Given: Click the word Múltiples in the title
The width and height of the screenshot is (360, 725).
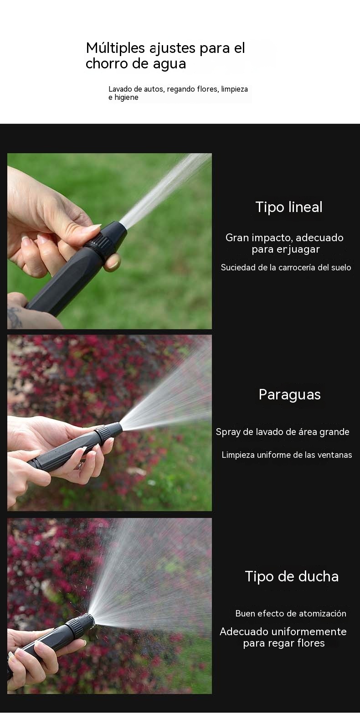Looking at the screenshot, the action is [115, 49].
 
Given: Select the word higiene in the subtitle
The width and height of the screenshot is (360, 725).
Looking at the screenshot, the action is [126, 98].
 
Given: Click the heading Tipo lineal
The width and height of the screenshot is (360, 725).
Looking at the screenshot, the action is [289, 207].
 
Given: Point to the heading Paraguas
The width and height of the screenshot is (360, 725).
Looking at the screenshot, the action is [289, 395].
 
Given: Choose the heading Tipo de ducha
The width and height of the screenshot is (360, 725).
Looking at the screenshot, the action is [292, 576].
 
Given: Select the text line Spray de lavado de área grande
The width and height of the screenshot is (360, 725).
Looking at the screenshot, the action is [283, 432].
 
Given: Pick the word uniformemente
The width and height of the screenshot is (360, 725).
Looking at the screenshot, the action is [309, 632].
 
